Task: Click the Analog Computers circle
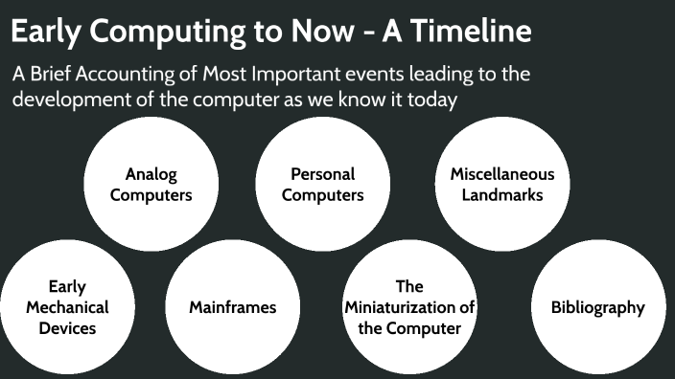(151, 184)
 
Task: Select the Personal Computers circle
(323, 184)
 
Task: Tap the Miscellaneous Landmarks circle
(501, 184)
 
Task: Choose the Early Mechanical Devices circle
(67, 307)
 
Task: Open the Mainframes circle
(232, 307)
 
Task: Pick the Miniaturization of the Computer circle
(409, 307)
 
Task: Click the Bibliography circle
(597, 307)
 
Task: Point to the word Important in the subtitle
(294, 75)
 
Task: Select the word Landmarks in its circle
(501, 195)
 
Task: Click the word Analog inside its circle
(151, 174)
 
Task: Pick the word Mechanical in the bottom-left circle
(67, 307)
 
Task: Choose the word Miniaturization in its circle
(409, 307)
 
